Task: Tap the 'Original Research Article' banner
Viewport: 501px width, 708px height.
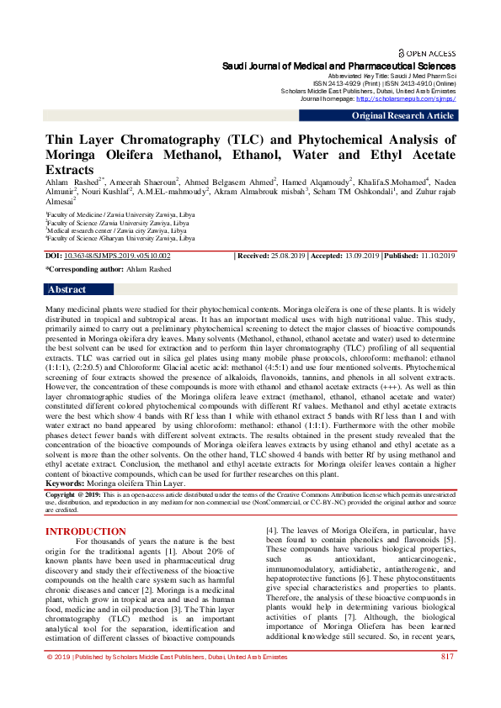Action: pyautogui.click(x=402, y=116)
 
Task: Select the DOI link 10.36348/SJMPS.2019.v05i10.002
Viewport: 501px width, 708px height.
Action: pyautogui.click(x=117, y=255)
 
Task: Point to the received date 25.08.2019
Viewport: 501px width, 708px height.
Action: pyautogui.click(x=288, y=255)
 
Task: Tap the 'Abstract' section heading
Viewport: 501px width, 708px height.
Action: pyautogui.click(x=67, y=289)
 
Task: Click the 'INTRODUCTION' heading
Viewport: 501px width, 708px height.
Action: pyautogui.click(x=86, y=531)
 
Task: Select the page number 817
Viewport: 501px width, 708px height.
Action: pyautogui.click(x=448, y=679)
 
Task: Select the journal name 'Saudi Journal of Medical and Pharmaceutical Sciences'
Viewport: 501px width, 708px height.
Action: pyautogui.click(x=338, y=66)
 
